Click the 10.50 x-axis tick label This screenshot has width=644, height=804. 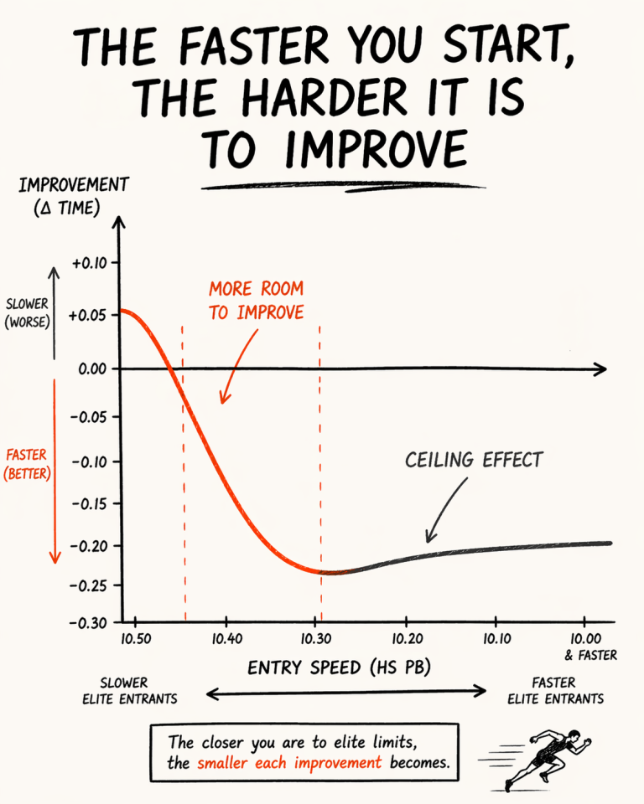(136, 638)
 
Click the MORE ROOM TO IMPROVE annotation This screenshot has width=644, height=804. (256, 301)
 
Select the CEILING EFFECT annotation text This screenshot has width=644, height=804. (474, 460)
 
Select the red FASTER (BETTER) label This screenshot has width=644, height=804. (26, 464)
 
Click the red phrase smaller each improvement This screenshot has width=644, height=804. (289, 763)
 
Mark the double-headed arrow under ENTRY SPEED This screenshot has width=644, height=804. (345, 692)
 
